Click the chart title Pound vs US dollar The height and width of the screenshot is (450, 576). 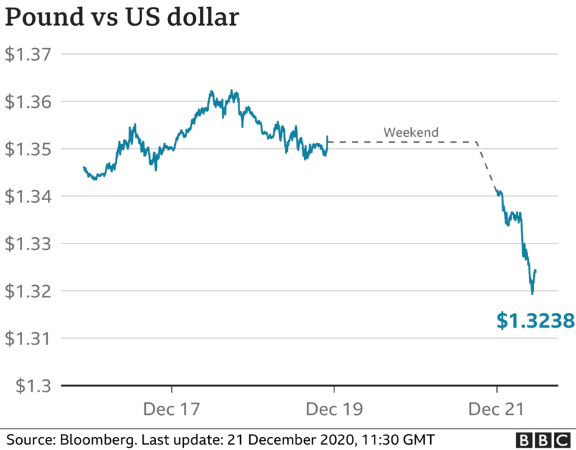pos(122,17)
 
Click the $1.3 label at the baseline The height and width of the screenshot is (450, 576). pos(24,385)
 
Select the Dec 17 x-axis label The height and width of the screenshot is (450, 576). pos(171,409)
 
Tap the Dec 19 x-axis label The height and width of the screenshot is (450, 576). pos(334,409)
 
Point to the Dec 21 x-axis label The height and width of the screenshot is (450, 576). pos(496,409)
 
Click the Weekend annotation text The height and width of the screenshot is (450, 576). pos(411,132)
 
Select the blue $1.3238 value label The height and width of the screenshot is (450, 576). pos(535,322)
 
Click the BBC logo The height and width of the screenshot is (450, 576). pos(543,439)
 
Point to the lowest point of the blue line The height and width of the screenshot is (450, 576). pos(532,293)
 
